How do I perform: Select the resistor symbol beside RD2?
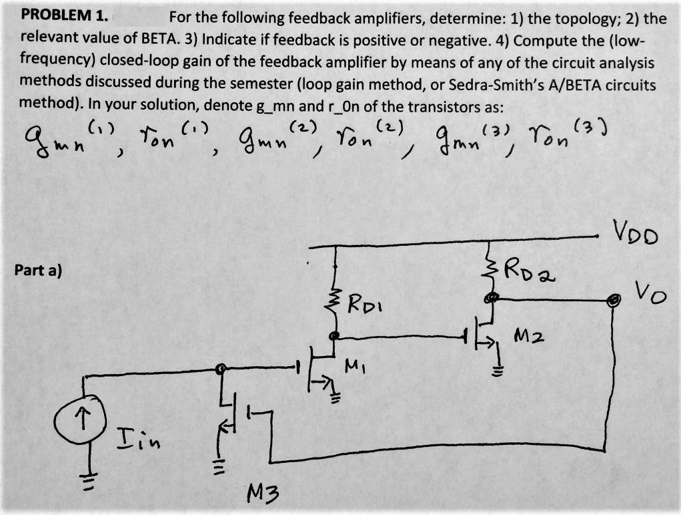[492, 271]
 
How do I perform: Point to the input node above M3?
[221, 368]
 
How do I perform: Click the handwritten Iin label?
[137, 439]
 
